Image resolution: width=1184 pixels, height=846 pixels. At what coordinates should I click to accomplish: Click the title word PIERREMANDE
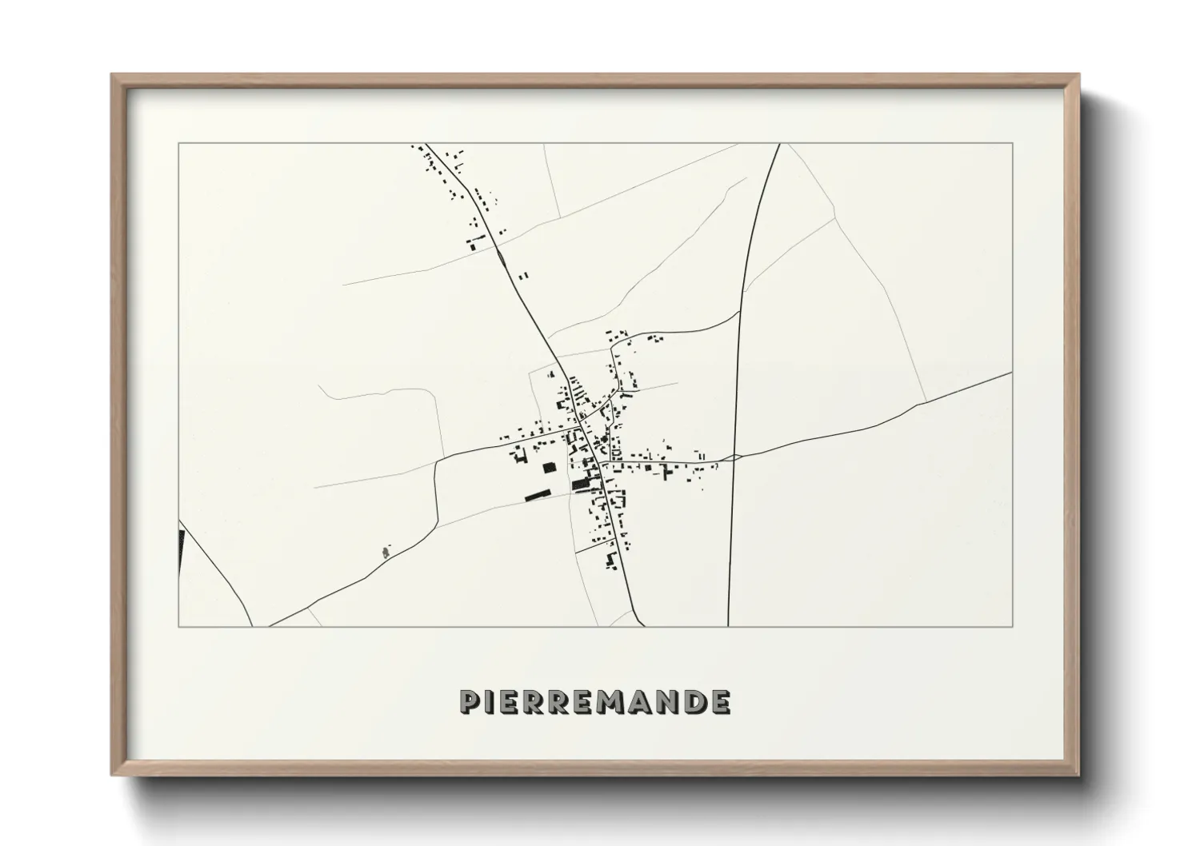click(594, 701)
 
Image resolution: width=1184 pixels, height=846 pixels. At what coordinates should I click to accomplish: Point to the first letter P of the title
click(470, 701)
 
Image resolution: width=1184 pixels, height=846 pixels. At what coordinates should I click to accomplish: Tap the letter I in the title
click(493, 701)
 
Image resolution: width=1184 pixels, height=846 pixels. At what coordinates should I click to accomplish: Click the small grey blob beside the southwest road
click(386, 551)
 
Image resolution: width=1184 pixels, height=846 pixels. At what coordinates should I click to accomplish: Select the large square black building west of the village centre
click(549, 468)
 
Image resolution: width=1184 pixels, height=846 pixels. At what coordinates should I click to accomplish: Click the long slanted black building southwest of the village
click(538, 495)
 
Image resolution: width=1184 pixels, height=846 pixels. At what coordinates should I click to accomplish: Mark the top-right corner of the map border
click(1013, 144)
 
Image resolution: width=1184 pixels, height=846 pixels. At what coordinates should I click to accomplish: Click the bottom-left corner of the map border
click(179, 626)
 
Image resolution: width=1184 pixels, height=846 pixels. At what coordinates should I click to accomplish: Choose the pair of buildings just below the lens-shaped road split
click(524, 275)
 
